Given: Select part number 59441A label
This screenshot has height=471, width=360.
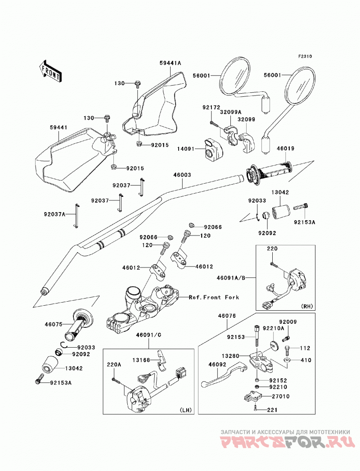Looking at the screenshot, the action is (170, 63).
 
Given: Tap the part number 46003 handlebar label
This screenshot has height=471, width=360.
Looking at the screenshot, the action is (182, 175).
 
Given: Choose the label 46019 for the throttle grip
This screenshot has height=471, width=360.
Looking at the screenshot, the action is (285, 149).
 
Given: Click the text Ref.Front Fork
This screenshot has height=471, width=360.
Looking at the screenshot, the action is (214, 297).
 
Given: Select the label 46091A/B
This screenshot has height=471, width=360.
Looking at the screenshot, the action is (231, 278).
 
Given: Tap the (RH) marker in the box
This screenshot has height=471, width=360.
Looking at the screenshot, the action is (306, 306).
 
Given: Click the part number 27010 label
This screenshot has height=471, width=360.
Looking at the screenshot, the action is (281, 397).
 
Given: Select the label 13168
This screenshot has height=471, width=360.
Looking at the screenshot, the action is (141, 360).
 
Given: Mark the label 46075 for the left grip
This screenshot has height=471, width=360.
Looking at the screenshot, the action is (54, 324).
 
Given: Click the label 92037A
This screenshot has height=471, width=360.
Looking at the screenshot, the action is (54, 214).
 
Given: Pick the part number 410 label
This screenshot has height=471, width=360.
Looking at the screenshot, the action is (306, 360).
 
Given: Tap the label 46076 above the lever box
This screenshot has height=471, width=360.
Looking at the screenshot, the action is (227, 316).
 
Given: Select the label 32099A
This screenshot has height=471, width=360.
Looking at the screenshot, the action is (230, 112).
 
